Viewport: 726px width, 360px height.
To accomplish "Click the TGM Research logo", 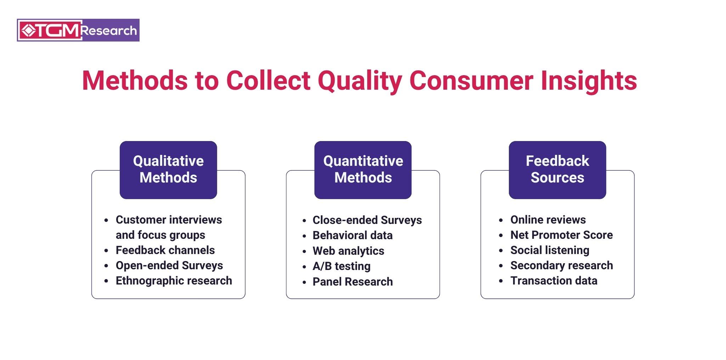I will tap(78, 30).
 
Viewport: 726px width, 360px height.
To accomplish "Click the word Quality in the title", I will tap(360, 81).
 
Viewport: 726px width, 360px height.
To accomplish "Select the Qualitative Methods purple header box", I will tap(168, 170).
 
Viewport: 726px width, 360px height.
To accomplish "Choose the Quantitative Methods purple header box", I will tap(363, 170).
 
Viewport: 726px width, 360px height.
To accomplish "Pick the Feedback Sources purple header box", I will tap(557, 170).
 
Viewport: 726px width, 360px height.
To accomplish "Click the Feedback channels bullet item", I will tap(165, 250).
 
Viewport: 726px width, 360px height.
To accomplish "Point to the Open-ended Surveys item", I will tap(169, 265).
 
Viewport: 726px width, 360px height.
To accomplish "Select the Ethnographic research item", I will tap(174, 281).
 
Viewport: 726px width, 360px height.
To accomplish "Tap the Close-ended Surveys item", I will tap(367, 220).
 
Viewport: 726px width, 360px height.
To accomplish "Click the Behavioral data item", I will tap(353, 235).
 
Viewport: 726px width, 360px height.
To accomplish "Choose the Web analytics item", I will tap(348, 251).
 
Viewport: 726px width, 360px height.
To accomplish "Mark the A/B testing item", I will tap(342, 266).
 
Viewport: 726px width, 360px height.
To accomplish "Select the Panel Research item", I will tap(353, 282).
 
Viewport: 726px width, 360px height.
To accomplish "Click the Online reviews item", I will tap(548, 220).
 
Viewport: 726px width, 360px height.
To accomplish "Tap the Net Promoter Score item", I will tap(562, 235).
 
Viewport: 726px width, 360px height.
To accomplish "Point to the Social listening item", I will tap(550, 250).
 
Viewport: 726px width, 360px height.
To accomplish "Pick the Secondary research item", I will tap(562, 265).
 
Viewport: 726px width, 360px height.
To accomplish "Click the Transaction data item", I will tap(554, 281).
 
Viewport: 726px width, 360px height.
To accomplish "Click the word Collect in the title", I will tap(268, 81).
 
